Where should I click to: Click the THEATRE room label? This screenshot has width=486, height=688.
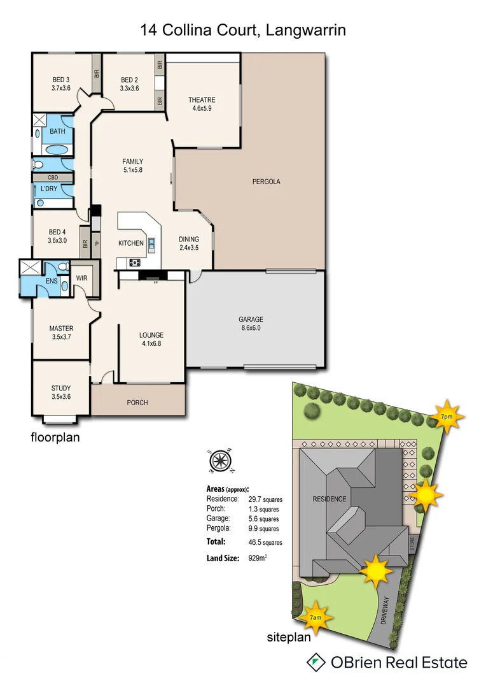pos(202,100)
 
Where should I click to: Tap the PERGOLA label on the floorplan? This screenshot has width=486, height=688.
pos(266,182)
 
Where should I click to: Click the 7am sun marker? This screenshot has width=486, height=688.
pos(315,617)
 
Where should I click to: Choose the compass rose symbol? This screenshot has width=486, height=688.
pos(220,461)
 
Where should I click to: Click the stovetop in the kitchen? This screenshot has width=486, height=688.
pos(135,262)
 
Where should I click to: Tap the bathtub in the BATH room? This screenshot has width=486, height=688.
pos(58,150)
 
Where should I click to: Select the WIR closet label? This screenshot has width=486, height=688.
pos(81,278)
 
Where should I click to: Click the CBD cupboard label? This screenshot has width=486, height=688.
pos(53,177)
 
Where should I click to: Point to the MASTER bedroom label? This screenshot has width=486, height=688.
pos(62,329)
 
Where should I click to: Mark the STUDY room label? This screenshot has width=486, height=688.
pos(61,388)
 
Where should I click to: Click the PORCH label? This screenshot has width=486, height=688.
pos(137,403)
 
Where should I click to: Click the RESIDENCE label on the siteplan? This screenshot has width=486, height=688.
pos(330,499)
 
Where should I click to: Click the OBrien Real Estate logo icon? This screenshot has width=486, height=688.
pos(315,663)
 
